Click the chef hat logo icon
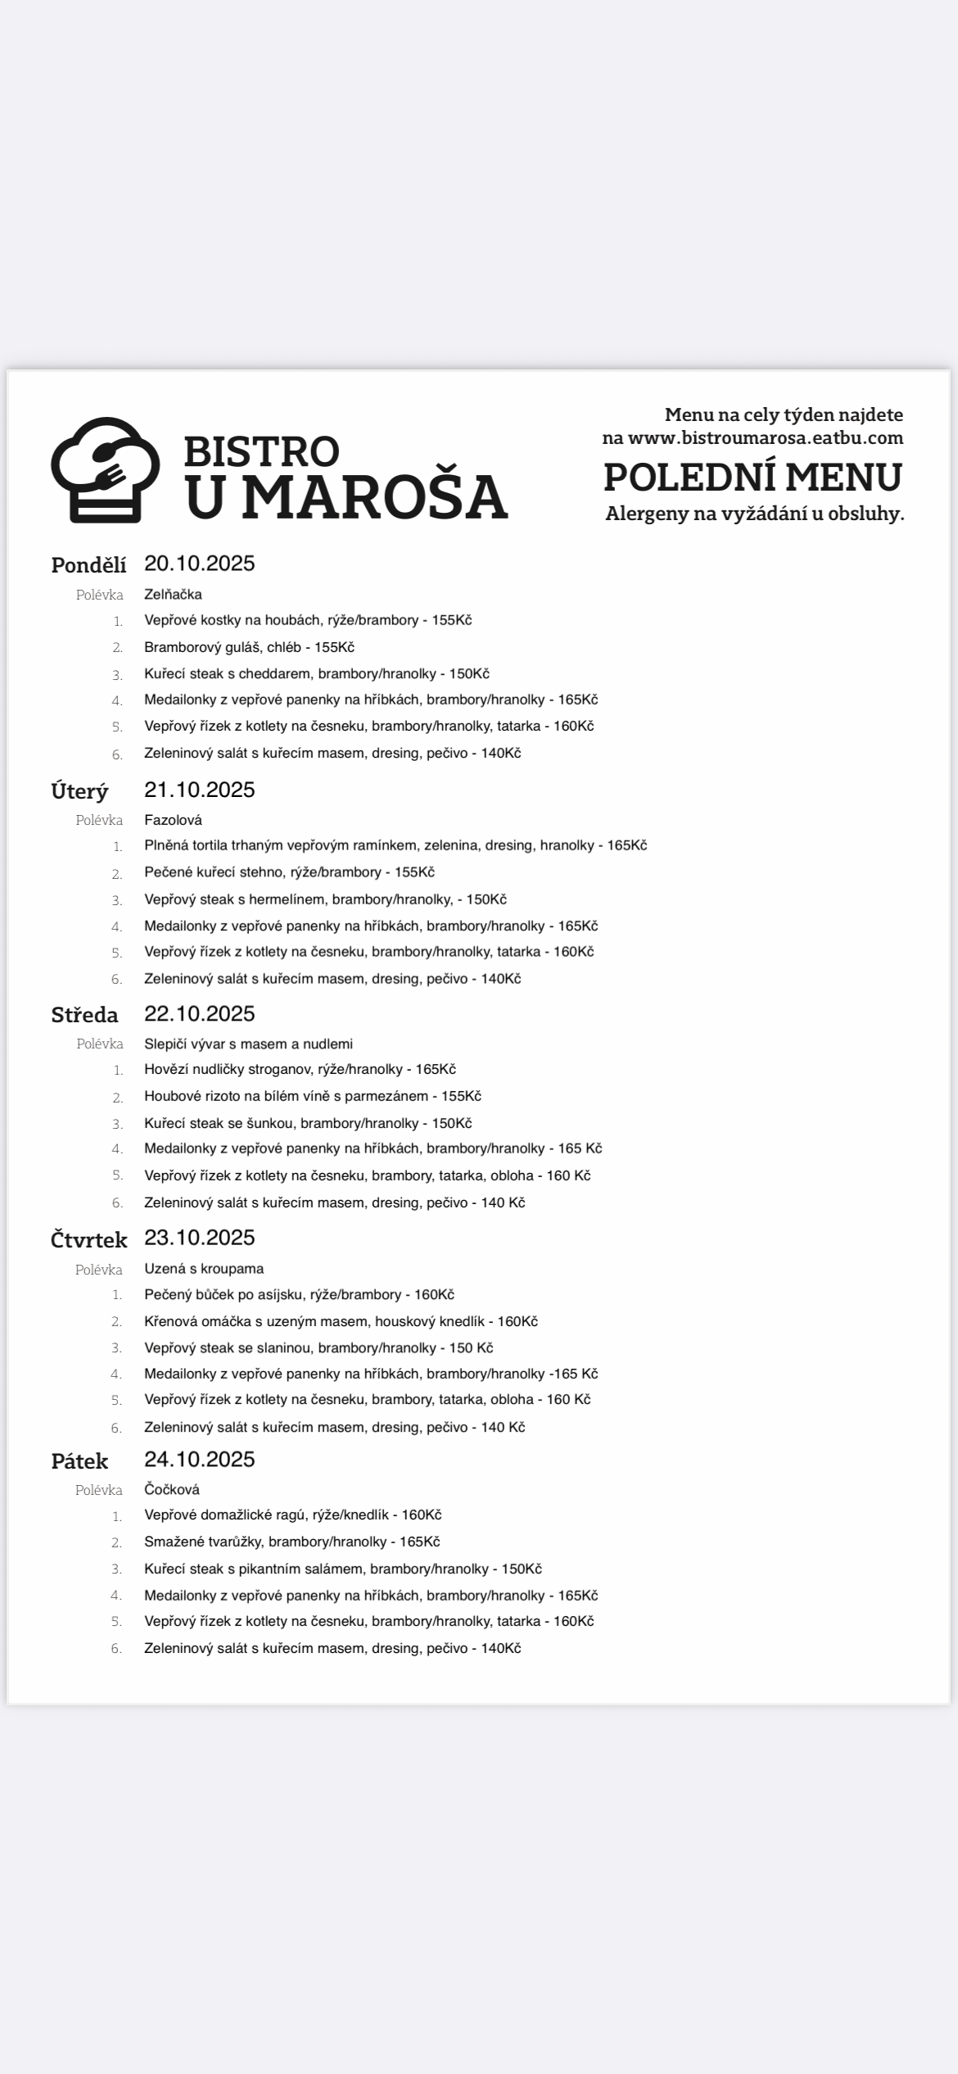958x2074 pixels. click(105, 469)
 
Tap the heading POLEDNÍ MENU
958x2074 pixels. click(752, 477)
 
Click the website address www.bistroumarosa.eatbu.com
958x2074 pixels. click(765, 437)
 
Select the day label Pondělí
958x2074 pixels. click(88, 565)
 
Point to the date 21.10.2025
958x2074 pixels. click(200, 790)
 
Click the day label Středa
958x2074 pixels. click(84, 1015)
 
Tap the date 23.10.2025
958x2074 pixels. click(200, 1237)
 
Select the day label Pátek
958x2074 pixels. click(79, 1461)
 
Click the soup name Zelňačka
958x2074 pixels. click(173, 595)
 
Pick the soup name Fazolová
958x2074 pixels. click(173, 820)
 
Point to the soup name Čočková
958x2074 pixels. click(172, 1489)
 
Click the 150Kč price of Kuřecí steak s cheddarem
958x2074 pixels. click(469, 674)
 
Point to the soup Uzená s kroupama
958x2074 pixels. click(204, 1269)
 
